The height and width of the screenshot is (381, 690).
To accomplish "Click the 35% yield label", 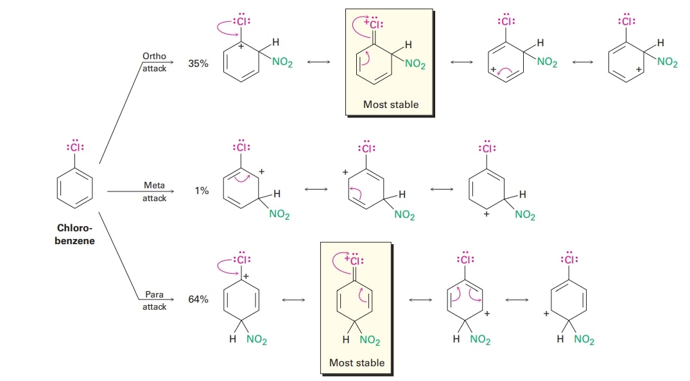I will tap(198, 64).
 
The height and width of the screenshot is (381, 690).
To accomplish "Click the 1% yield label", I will tap(202, 191).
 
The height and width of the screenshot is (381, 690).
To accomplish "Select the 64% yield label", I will tap(198, 299).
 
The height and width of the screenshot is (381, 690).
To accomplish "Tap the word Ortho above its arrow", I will tap(154, 57).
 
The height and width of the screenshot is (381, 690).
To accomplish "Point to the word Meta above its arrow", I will tap(154, 185).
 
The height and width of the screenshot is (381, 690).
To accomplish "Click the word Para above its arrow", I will tap(154, 294).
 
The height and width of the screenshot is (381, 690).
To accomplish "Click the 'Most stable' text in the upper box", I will tap(390, 104).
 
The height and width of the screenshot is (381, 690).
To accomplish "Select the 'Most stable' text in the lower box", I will tap(356, 363).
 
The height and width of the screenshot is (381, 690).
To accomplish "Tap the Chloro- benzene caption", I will tap(75, 235).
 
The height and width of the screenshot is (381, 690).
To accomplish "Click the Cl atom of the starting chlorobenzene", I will tap(76, 147).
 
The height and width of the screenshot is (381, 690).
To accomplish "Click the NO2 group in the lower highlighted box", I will tap(369, 341).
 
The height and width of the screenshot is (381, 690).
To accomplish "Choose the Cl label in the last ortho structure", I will tap(626, 21).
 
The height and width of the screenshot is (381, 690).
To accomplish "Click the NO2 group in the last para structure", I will tap(583, 341).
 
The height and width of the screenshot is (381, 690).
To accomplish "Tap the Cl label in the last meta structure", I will tap(487, 148).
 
